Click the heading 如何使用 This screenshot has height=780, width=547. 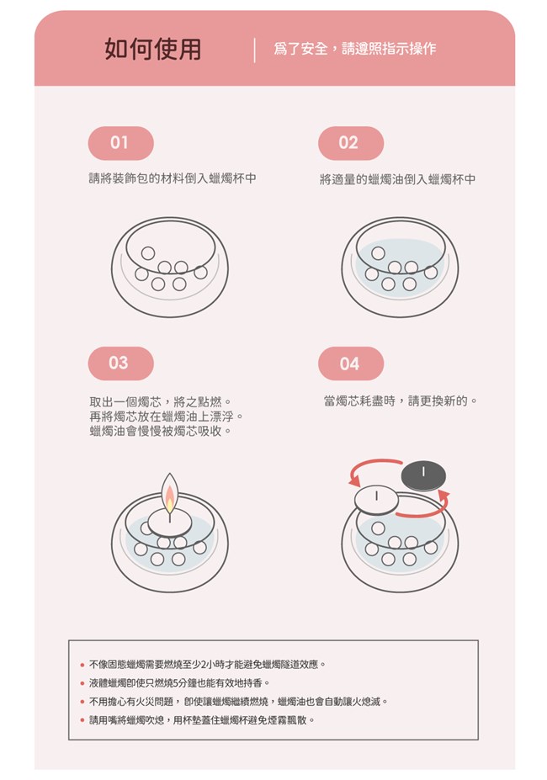pyautogui.click(x=153, y=50)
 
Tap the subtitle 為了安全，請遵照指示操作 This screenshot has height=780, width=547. pyautogui.click(x=354, y=49)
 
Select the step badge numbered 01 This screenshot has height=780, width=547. pyautogui.click(x=120, y=143)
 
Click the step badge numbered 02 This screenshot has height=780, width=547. pyautogui.click(x=351, y=143)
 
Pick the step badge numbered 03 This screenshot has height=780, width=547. pyautogui.click(x=120, y=363)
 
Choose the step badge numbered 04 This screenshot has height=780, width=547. pyautogui.click(x=351, y=363)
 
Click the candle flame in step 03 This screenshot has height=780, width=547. pyautogui.click(x=170, y=493)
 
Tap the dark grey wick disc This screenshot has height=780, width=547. pyautogui.click(x=423, y=475)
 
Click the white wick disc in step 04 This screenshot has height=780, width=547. pyautogui.click(x=376, y=500)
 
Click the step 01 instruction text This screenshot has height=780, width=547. pyautogui.click(x=173, y=178)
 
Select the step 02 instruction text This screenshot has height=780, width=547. pyautogui.click(x=397, y=179)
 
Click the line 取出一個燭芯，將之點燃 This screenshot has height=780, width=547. pyautogui.click(x=159, y=401)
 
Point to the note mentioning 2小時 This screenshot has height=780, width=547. pyautogui.click(x=207, y=664)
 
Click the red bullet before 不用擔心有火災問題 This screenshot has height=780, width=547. pyautogui.click(x=82, y=702)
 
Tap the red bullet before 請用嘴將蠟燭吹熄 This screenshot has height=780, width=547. pyautogui.click(x=82, y=720)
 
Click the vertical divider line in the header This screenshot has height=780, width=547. pyautogui.click(x=254, y=50)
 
